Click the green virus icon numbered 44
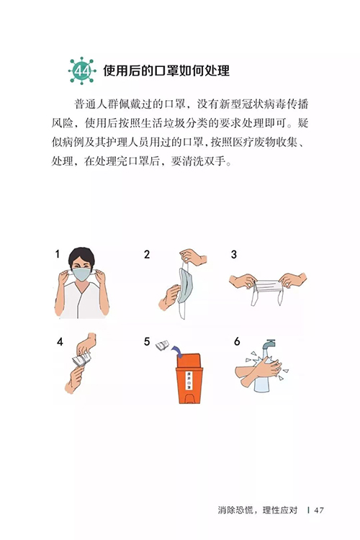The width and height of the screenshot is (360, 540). click(x=82, y=71)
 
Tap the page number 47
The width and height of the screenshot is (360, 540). click(x=319, y=510)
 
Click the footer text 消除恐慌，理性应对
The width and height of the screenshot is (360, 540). click(x=257, y=510)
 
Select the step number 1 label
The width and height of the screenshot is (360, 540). click(x=58, y=254)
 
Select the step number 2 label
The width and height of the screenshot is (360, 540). click(x=147, y=254)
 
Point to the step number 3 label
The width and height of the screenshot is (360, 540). click(x=234, y=254)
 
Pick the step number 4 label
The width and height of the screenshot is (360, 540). click(x=60, y=341)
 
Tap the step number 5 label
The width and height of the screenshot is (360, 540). click(x=147, y=341)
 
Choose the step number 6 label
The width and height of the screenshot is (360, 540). click(x=237, y=341)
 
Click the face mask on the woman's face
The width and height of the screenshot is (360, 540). click(x=81, y=274)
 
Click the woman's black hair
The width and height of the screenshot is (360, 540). click(x=81, y=255)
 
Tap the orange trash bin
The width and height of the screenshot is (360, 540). click(x=189, y=378)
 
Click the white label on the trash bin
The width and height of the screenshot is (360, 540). click(x=189, y=380)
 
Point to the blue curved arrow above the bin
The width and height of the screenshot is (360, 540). click(x=178, y=351)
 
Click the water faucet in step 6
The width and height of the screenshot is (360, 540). click(x=268, y=344)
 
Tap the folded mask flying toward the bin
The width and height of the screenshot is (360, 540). click(x=163, y=345)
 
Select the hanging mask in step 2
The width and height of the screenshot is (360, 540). click(x=184, y=287)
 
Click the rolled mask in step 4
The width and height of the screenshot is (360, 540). click(x=81, y=359)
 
